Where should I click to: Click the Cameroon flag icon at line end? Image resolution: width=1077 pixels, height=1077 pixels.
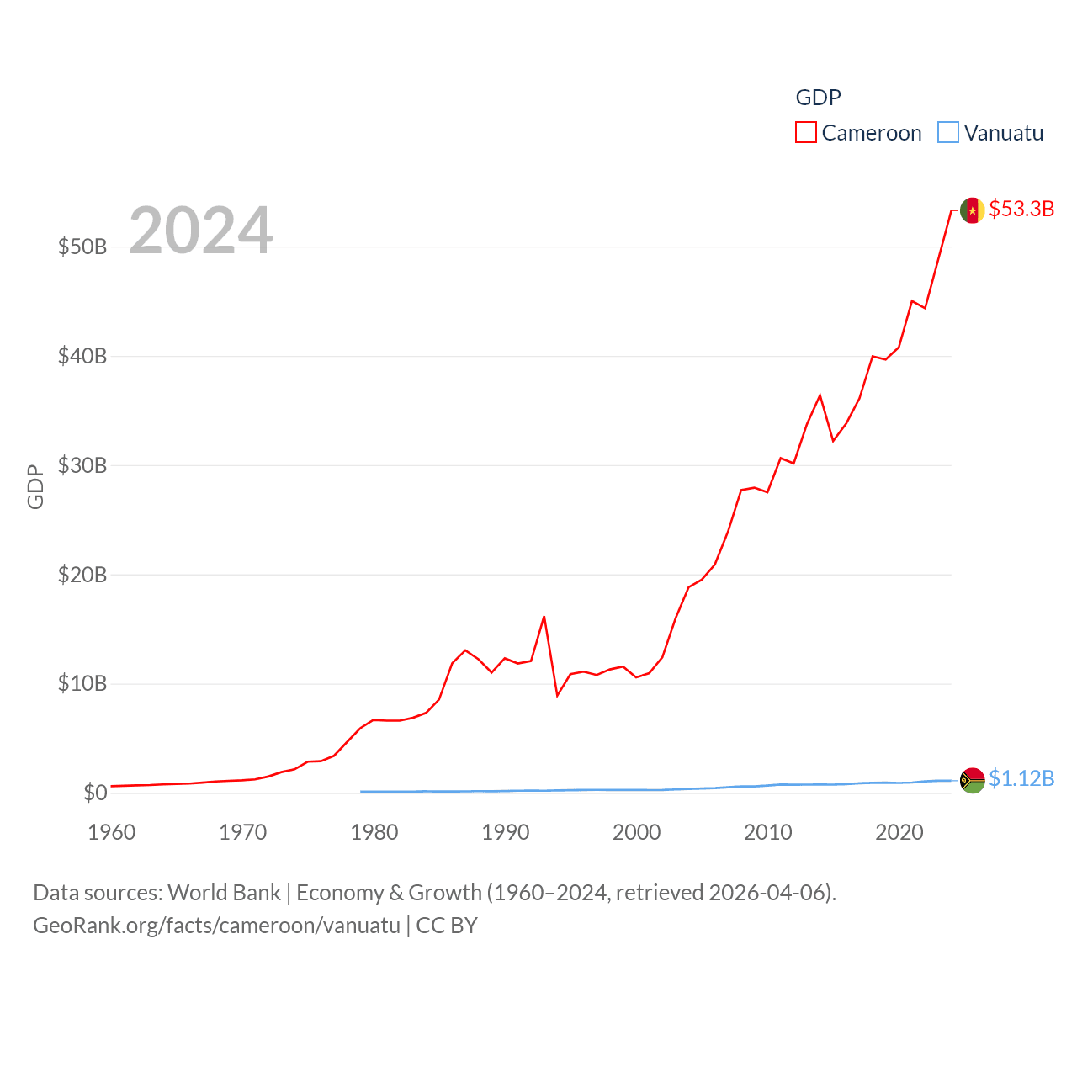pyautogui.click(x=973, y=210)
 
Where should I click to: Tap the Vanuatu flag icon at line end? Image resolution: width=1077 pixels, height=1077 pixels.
pyautogui.click(x=973, y=781)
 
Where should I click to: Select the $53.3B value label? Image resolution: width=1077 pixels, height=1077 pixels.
pyautogui.click(x=1021, y=209)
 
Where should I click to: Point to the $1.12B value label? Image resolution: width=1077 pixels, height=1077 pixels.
pyautogui.click(x=1021, y=778)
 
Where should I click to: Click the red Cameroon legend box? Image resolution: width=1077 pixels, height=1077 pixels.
pyautogui.click(x=806, y=133)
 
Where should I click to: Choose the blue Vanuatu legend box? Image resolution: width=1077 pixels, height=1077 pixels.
pyautogui.click(x=948, y=133)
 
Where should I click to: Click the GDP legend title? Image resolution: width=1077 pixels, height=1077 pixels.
pyautogui.click(x=818, y=98)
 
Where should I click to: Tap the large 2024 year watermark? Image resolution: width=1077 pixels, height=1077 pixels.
pyautogui.click(x=201, y=230)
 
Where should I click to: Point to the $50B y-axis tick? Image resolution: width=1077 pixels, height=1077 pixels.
pyautogui.click(x=82, y=247)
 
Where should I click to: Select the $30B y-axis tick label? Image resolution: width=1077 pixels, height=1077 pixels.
pyautogui.click(x=82, y=465)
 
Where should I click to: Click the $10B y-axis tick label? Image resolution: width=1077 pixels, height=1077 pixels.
pyautogui.click(x=82, y=683)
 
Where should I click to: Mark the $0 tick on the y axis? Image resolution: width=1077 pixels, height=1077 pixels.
pyautogui.click(x=95, y=793)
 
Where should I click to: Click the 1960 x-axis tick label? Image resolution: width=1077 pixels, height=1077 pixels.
pyautogui.click(x=112, y=832)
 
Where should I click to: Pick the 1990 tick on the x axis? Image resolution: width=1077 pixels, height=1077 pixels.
pyautogui.click(x=506, y=832)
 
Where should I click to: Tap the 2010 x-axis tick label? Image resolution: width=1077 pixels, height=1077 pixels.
pyautogui.click(x=768, y=832)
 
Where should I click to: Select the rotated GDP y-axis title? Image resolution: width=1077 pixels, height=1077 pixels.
pyautogui.click(x=35, y=486)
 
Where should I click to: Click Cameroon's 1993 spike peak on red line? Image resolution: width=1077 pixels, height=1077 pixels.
pyautogui.click(x=544, y=617)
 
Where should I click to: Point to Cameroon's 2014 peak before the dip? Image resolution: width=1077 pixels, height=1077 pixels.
pyautogui.click(x=820, y=395)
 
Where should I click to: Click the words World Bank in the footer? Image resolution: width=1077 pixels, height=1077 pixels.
pyautogui.click(x=224, y=892)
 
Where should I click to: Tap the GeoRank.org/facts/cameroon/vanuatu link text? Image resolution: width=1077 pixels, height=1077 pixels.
pyautogui.click(x=217, y=926)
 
